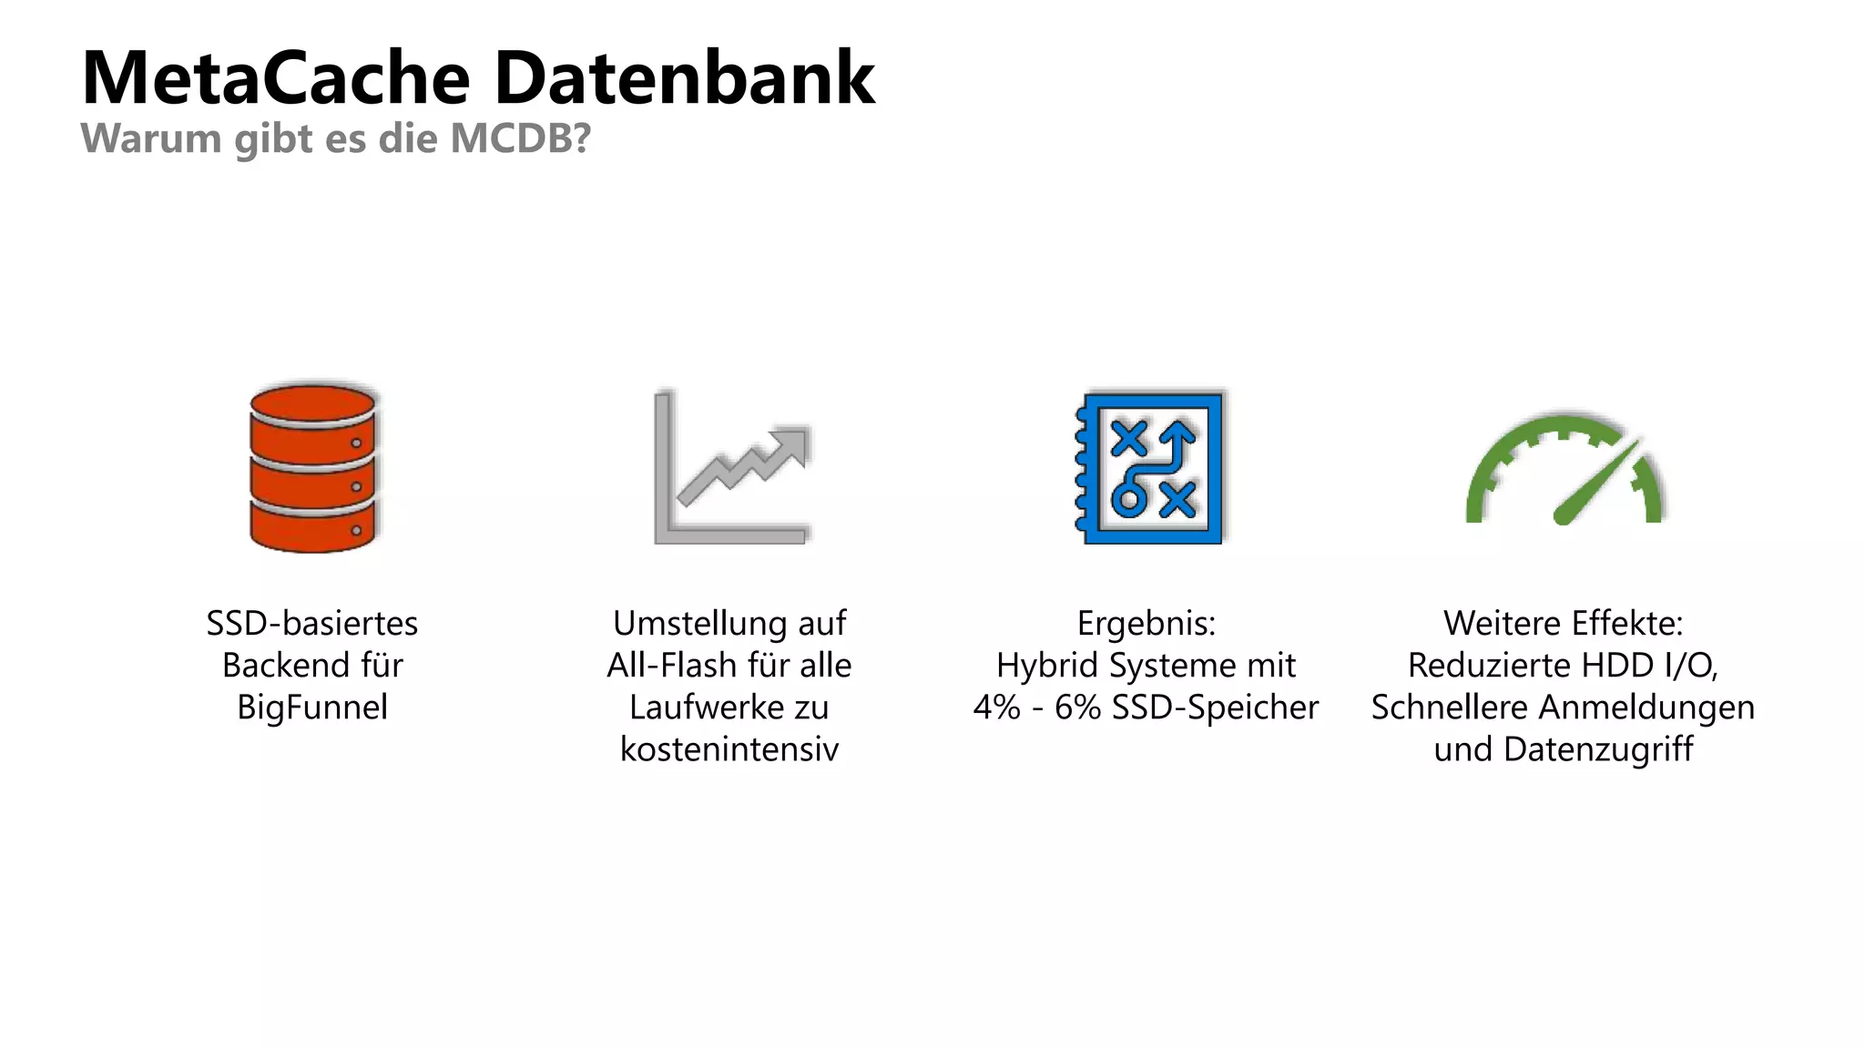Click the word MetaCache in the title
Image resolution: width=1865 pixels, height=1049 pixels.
[276, 78]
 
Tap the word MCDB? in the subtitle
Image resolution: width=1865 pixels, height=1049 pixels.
[521, 138]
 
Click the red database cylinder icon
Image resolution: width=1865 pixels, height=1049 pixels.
[312, 468]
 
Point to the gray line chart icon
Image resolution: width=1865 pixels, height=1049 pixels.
[731, 468]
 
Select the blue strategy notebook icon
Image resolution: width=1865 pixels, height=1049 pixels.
[1149, 468]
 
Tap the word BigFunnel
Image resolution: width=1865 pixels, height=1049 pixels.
[312, 708]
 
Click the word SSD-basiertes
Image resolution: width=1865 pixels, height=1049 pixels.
[312, 624]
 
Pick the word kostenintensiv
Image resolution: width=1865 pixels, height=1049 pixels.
[729, 749]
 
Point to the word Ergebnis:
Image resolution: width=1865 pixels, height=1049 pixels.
[1147, 624]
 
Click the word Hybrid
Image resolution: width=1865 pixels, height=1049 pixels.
[1048, 666]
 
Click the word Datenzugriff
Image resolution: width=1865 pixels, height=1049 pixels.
[1598, 749]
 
